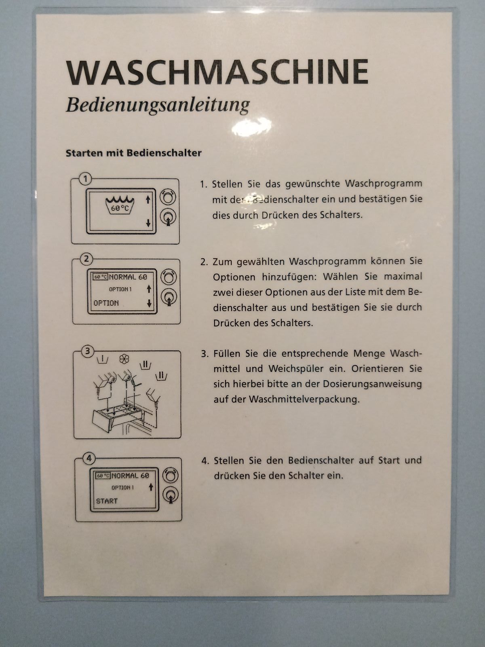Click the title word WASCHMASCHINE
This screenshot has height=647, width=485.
[x=217, y=72]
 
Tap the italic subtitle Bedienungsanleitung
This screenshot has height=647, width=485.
[x=158, y=105]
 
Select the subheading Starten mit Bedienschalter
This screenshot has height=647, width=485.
[x=133, y=153]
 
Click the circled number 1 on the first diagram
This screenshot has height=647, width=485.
[x=85, y=179]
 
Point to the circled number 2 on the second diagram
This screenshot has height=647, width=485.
[x=86, y=259]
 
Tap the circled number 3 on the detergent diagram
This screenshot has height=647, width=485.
[x=87, y=351]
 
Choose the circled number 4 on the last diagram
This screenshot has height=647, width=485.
[x=89, y=458]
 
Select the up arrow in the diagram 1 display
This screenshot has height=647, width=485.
[x=148, y=199]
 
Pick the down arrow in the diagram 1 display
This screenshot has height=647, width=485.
[x=148, y=223]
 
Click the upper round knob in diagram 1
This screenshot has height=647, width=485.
[x=168, y=197]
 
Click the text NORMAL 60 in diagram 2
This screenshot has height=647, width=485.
[x=128, y=277]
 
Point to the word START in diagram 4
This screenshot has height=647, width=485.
[x=107, y=501]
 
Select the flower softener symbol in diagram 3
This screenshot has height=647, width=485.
[x=124, y=359]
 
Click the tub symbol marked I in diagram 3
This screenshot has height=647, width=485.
[x=102, y=359]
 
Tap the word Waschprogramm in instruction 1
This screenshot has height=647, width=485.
[x=384, y=184]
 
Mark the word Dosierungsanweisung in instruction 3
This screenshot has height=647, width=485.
[x=372, y=385]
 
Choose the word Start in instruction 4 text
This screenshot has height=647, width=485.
[x=388, y=460]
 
